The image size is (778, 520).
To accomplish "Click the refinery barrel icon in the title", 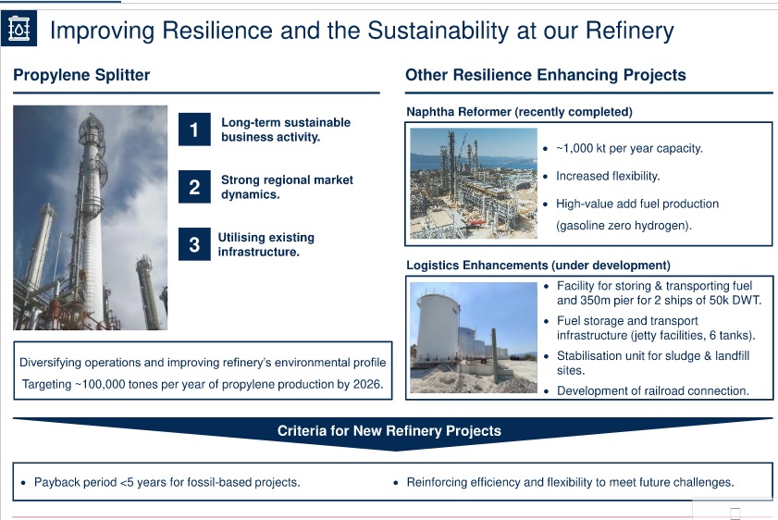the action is coord(19,29).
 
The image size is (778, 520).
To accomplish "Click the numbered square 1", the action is coord(194,130).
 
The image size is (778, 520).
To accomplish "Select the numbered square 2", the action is coord(194,187).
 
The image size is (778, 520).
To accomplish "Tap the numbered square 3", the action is coord(194,244).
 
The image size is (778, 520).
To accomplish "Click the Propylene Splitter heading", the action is coord(81,75).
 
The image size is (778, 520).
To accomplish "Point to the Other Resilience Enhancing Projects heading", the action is coord(545,75).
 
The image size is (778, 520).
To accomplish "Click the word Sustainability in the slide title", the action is coord(438,31).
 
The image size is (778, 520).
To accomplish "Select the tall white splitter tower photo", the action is coord(91,217).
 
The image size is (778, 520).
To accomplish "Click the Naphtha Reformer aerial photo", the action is coord(474,183).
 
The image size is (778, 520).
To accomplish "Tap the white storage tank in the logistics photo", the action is coord(439,328).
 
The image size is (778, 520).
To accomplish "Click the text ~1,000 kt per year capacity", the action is coord(629,148).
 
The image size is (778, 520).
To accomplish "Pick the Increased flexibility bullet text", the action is coord(608,176).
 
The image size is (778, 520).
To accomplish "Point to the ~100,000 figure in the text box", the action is coord(101,385).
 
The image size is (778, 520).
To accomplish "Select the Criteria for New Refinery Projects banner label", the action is coord(389,430).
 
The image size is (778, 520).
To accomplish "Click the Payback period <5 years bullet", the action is coord(167,482).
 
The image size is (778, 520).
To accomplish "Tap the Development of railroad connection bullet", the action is coord(652,391).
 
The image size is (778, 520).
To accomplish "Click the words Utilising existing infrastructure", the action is coord(266,244).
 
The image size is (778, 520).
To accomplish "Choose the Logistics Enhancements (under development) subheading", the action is coord(538,266).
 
